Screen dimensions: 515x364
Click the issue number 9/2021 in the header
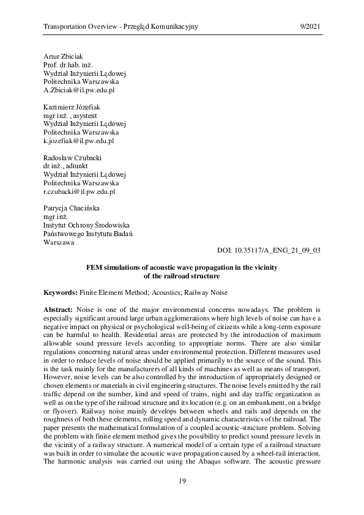pyautogui.click(x=310, y=28)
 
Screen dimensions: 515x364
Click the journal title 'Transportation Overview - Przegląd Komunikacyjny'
pyautogui.click(x=121, y=28)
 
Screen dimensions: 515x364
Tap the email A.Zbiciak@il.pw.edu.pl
pyautogui.click(x=79, y=89)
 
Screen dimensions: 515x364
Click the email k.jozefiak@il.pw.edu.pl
pyautogui.click(x=79, y=140)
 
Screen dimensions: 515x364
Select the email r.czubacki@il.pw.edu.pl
pyautogui.click(x=80, y=191)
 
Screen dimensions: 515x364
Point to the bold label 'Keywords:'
pyautogui.click(x=61, y=293)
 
